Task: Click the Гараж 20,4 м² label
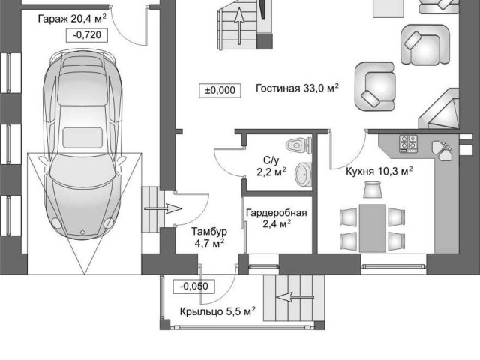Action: pyautogui.click(x=72, y=19)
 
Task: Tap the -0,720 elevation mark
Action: pyautogui.click(x=87, y=35)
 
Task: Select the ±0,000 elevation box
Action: pyautogui.click(x=220, y=91)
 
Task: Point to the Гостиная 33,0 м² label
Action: pyautogui.click(x=297, y=88)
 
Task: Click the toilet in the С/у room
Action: pyautogui.click(x=298, y=145)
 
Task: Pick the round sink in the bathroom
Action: pyautogui.click(x=303, y=174)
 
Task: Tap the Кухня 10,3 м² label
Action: pyautogui.click(x=379, y=172)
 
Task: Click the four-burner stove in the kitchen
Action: pyautogui.click(x=408, y=143)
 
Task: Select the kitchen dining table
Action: pyautogui.click(x=372, y=228)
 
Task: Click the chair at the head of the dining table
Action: pyautogui.click(x=372, y=190)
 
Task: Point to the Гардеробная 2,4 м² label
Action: pyautogui.click(x=277, y=218)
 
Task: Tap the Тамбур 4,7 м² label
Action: pyautogui.click(x=209, y=237)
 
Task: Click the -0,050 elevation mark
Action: pyautogui.click(x=193, y=286)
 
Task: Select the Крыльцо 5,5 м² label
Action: pyautogui.click(x=217, y=312)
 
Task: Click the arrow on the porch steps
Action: pyautogui.click(x=295, y=297)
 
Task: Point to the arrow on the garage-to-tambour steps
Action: pyautogui.click(x=163, y=209)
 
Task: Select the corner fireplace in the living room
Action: pyautogui.click(x=439, y=109)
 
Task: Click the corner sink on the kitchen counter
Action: pyautogui.click(x=442, y=150)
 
